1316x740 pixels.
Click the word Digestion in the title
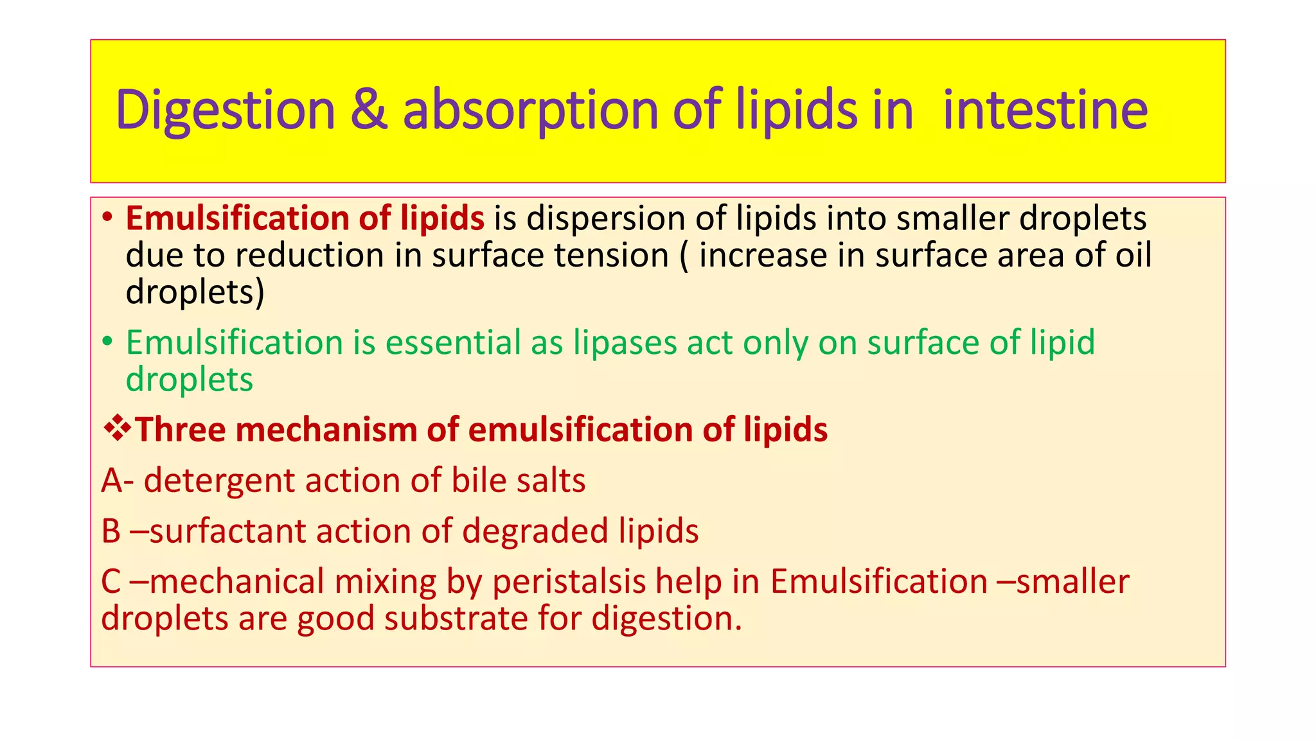(226, 110)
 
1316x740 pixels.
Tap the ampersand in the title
(369, 110)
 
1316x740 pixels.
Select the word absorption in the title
(531, 110)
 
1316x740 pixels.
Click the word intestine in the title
(1045, 110)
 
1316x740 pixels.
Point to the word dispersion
(606, 218)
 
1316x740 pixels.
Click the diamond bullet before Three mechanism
(117, 429)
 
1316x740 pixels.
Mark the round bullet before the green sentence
(107, 341)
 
